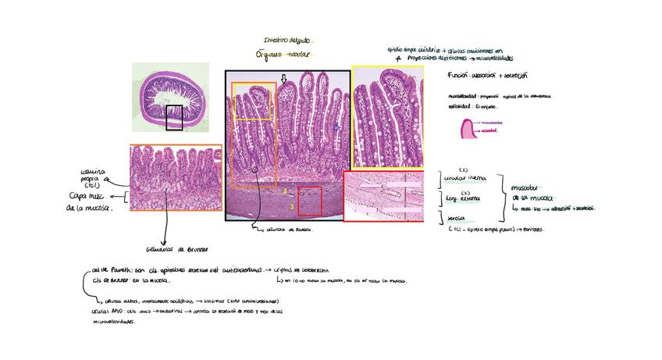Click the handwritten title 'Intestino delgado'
(x=288, y=40)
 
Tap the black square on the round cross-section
(x=174, y=118)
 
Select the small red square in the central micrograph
(x=310, y=201)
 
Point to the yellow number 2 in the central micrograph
(x=286, y=191)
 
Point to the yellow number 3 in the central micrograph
(x=291, y=206)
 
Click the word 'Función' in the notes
(x=457, y=76)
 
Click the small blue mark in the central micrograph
(x=336, y=127)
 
